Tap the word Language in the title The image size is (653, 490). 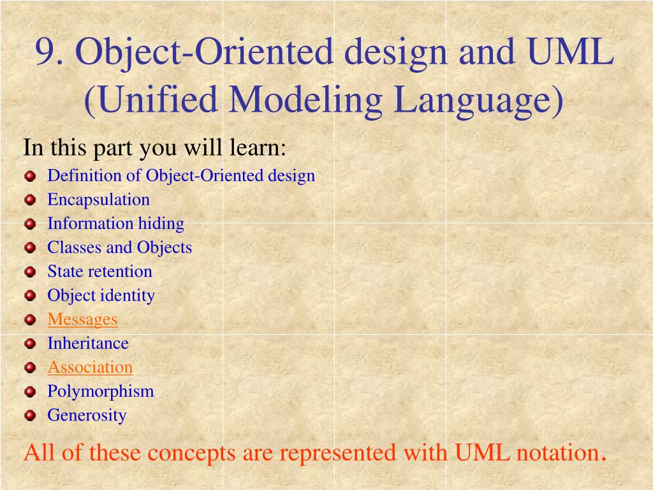pos(478,100)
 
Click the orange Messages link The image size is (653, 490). pos(82,319)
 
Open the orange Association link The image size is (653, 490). pos(90,367)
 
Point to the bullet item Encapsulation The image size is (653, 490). pos(98,200)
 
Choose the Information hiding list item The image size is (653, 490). pos(115,223)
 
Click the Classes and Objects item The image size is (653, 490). pos(119,248)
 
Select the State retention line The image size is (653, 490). pos(99,271)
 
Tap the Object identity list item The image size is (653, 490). pos(101,295)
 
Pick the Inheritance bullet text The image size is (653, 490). pos(88,343)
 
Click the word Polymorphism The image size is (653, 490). pos(101,391)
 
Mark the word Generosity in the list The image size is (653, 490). pos(87,415)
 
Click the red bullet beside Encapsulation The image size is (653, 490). pos(30,200)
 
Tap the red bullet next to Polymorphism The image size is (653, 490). pos(30,392)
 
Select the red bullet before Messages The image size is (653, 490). pos(30,320)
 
